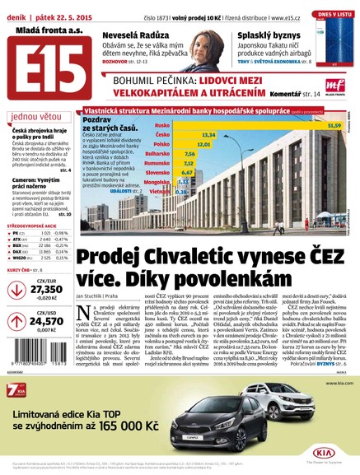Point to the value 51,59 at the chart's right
(x=334, y=125)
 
